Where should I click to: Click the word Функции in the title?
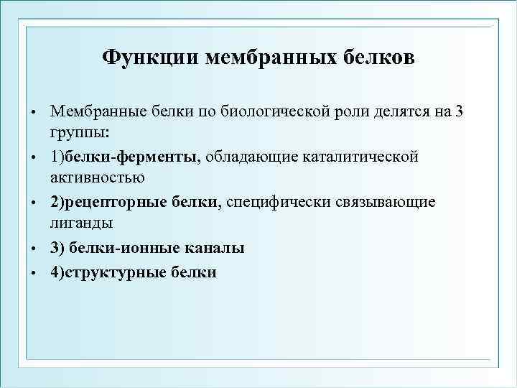[150, 57]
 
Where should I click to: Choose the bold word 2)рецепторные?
[108, 203]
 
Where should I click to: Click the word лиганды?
[81, 224]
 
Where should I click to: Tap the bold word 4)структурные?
[108, 272]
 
